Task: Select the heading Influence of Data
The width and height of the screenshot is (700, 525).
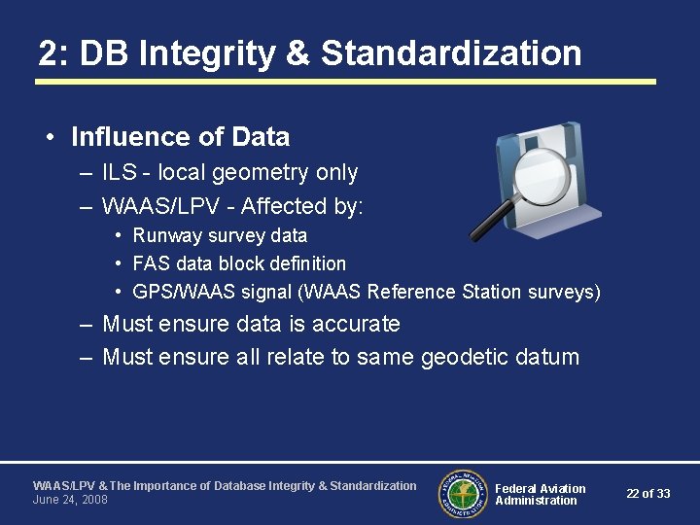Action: point(180,137)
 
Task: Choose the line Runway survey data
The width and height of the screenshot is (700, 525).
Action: point(220,235)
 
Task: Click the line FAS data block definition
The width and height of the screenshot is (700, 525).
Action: point(239,263)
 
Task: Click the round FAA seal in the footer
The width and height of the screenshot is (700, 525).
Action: point(463,493)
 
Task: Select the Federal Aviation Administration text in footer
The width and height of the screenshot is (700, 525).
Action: point(540,494)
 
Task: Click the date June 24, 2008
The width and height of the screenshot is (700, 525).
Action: point(70,500)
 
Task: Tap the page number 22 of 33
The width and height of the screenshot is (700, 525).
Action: point(647,494)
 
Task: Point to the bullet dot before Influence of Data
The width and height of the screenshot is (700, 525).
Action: point(50,138)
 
